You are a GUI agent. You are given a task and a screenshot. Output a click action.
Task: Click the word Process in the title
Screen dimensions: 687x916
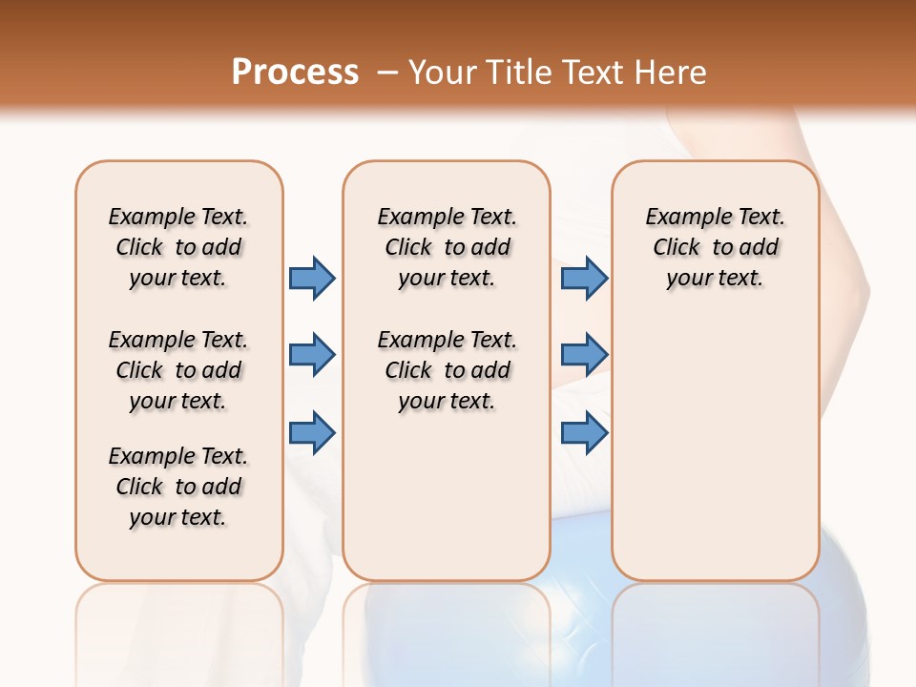[x=295, y=73]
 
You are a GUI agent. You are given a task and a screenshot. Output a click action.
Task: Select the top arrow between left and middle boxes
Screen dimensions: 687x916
[x=312, y=278]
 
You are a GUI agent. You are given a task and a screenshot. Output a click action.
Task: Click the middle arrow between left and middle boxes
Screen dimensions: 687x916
[x=312, y=355]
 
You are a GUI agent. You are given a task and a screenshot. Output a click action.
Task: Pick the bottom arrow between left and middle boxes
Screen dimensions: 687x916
[x=312, y=433]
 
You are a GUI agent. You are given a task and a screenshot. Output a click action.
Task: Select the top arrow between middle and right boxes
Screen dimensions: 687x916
[x=584, y=278]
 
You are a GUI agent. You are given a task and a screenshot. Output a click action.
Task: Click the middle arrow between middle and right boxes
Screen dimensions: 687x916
[x=584, y=355]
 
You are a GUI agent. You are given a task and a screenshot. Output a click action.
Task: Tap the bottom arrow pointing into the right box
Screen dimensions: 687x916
[x=584, y=433]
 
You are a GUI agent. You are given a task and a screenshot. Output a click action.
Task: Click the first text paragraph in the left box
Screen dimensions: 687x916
[x=178, y=247]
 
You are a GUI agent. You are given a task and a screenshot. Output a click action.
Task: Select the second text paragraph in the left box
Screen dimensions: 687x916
[x=178, y=370]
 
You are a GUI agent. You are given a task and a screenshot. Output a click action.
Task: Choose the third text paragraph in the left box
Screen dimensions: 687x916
[x=178, y=487]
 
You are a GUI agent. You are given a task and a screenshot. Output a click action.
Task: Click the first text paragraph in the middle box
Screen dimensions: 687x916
[x=447, y=247]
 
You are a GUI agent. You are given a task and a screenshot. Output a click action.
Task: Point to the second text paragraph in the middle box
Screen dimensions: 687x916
[x=447, y=370]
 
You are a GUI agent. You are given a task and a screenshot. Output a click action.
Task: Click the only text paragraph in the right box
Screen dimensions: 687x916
[x=716, y=247]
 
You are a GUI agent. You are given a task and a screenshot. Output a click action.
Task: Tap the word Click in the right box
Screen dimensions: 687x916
[x=677, y=248]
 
